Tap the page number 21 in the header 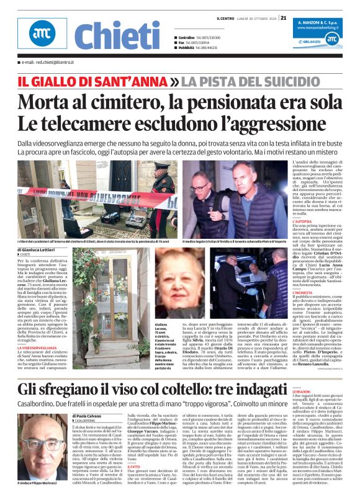pos(283,18)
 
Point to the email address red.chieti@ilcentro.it pos(45,63)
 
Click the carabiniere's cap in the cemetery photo pos(162,173)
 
